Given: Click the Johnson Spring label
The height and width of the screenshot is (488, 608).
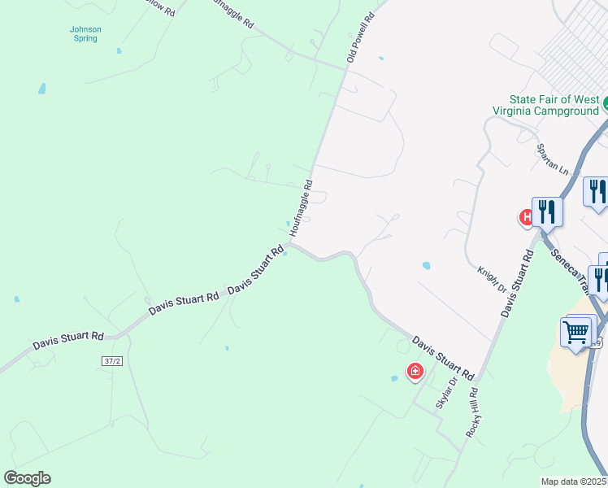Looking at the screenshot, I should point(85,33).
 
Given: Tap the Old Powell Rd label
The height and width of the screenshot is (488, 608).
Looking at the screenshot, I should point(361,38).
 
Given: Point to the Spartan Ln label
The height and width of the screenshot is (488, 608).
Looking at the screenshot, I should point(552,159).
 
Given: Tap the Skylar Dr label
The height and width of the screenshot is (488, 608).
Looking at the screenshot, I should point(444,394).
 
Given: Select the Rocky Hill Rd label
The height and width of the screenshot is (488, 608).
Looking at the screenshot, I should point(473,412).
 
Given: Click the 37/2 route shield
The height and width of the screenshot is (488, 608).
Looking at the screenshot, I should point(113,360).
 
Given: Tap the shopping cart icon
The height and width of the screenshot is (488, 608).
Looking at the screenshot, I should point(576,331).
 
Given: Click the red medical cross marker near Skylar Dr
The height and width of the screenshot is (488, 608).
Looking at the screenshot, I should point(415,372).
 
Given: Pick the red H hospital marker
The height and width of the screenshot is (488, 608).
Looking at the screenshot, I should point(527,216).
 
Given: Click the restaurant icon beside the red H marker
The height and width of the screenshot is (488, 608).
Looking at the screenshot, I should point(547,212).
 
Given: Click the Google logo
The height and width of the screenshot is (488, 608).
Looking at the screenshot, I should point(27,478).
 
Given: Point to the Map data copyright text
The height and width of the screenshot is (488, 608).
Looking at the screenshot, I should point(574,481).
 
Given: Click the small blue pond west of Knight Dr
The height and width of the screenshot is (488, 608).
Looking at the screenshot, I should point(427,265).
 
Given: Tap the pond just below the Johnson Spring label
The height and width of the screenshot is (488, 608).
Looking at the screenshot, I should point(119,50).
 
